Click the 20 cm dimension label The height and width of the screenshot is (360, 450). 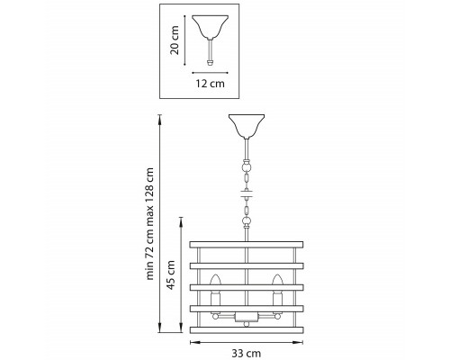click(x=175, y=40)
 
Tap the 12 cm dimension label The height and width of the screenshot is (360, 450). click(x=210, y=84)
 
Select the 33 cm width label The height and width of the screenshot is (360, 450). click(x=246, y=354)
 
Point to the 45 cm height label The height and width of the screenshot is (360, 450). click(x=171, y=274)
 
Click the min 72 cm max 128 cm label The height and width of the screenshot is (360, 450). click(x=149, y=224)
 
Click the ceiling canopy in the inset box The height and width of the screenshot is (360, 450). click(x=210, y=26)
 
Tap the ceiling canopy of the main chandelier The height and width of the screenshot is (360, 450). click(x=247, y=126)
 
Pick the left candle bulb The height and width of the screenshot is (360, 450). click(x=215, y=280)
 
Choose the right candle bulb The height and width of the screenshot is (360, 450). click(x=277, y=280)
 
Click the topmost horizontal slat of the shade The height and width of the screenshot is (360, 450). click(x=247, y=244)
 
